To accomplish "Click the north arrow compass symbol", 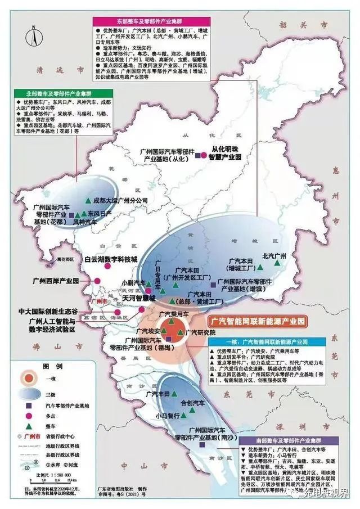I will pos(34,38).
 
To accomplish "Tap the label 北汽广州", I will pos(275,255).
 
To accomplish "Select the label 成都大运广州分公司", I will pos(120,200).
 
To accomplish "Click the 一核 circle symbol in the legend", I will pos(25,376).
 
